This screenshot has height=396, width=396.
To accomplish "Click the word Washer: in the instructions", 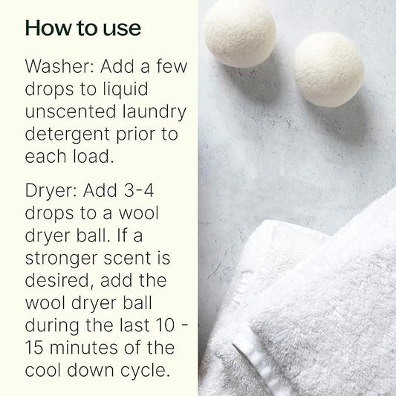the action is pos(59,66).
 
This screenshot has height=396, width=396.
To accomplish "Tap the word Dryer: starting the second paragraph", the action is pos(51,191).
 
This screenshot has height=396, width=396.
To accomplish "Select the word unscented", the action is pos(71,111).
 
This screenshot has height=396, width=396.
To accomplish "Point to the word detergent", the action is pos(67,135).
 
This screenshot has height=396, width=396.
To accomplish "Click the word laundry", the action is pos(155,112).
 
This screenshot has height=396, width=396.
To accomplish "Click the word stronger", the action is pos(62,259).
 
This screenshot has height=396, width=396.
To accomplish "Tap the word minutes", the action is pos(84,348).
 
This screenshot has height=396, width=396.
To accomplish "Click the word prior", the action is pos(136,135).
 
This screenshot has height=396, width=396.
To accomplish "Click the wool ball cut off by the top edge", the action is pos(239,33).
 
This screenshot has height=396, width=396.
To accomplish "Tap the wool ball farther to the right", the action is pos(329,69).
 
